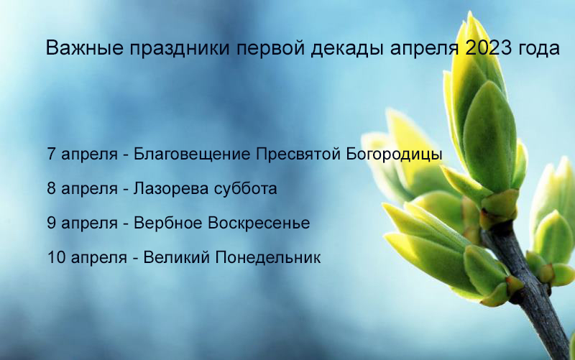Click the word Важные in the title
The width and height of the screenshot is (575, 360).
pyautogui.click(x=85, y=48)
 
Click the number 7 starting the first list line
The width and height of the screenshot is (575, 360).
pyautogui.click(x=51, y=154)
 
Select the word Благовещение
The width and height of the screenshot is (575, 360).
pyautogui.click(x=191, y=154)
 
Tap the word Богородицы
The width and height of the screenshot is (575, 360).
pyautogui.click(x=394, y=154)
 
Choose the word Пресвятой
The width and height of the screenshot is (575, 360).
pyautogui.click(x=298, y=154)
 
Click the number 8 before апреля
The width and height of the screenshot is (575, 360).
pyautogui.click(x=51, y=188)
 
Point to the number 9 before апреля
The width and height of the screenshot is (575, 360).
pyautogui.click(x=51, y=223)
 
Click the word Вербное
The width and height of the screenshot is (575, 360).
pyautogui.click(x=168, y=223)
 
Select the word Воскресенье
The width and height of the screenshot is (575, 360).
pyautogui.click(x=259, y=223)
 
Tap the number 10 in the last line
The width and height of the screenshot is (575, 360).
pyautogui.click(x=56, y=257)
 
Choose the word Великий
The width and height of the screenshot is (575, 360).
pyautogui.click(x=176, y=257)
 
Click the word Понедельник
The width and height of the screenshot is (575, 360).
pyautogui.click(x=267, y=257)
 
